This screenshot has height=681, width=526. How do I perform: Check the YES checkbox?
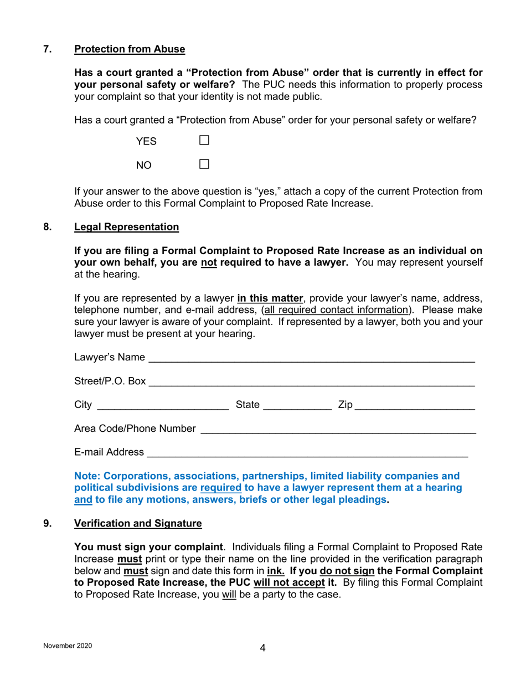coord(204,141)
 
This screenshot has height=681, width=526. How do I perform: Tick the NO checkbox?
coord(204,164)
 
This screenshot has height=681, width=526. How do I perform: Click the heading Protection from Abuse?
coord(130,49)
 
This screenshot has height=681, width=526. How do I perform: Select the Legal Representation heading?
coord(126,227)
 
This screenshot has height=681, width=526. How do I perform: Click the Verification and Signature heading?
coord(138,523)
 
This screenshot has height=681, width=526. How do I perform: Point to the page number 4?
coord(263,648)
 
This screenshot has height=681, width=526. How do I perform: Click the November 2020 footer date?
coord(68,646)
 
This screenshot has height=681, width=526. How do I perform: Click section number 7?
coord(48,49)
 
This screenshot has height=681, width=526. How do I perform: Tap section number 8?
coord(48,227)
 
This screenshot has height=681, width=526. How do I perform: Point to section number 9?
coord(48,523)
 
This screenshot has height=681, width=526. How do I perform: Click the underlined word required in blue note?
coord(220,488)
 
